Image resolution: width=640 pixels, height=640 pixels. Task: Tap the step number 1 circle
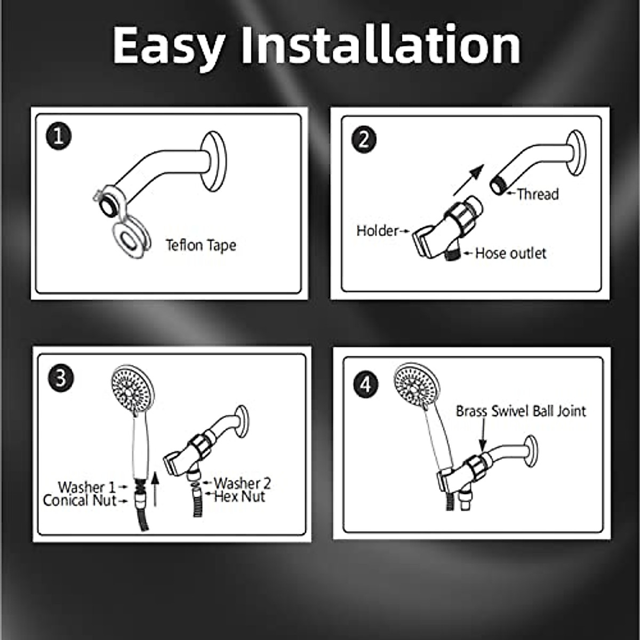[x=59, y=137]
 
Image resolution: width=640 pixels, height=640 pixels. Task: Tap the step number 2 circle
[x=364, y=139]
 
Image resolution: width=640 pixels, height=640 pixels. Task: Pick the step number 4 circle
[x=365, y=384]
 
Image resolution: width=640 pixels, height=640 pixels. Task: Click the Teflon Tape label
[x=201, y=245]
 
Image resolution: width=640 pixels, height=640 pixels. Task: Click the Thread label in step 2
[x=538, y=194]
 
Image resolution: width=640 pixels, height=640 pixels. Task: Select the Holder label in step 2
[x=378, y=231]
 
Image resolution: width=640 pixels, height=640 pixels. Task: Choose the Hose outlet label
[x=510, y=253]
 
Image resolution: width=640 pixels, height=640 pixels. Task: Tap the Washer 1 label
[x=86, y=487]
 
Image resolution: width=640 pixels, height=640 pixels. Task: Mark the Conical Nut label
[x=79, y=501]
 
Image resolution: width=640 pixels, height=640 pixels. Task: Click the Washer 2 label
[x=242, y=483]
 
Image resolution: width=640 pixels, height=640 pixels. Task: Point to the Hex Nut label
[x=239, y=497]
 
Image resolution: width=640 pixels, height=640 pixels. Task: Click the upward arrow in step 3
[x=155, y=487]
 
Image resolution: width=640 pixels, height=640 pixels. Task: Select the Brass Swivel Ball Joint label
[x=521, y=411]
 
